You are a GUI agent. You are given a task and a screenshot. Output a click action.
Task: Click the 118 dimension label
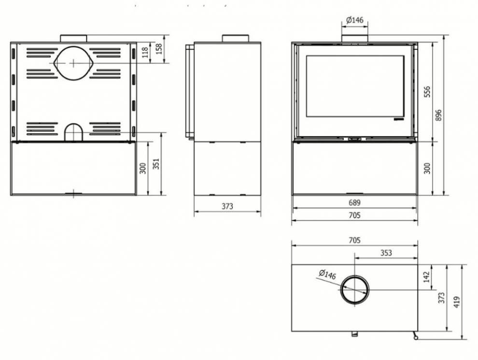pyautogui.click(x=146, y=52)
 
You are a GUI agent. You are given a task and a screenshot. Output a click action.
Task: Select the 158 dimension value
pyautogui.click(x=159, y=49)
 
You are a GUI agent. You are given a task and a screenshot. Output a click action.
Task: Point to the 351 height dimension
pyautogui.click(x=156, y=164)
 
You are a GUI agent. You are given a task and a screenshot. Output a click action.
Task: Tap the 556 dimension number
pyautogui.click(x=427, y=92)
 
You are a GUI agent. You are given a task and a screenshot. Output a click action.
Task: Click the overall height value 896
pyautogui.click(x=438, y=115)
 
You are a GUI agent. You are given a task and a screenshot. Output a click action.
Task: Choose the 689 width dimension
pyautogui.click(x=354, y=202)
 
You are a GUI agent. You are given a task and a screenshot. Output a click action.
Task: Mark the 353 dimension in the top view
pyautogui.click(x=386, y=253)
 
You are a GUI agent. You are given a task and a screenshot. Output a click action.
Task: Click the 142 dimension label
pyautogui.click(x=427, y=276)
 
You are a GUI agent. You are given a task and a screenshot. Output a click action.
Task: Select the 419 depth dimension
pyautogui.click(x=456, y=302)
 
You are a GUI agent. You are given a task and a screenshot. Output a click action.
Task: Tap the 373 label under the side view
pyautogui.click(x=227, y=206)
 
